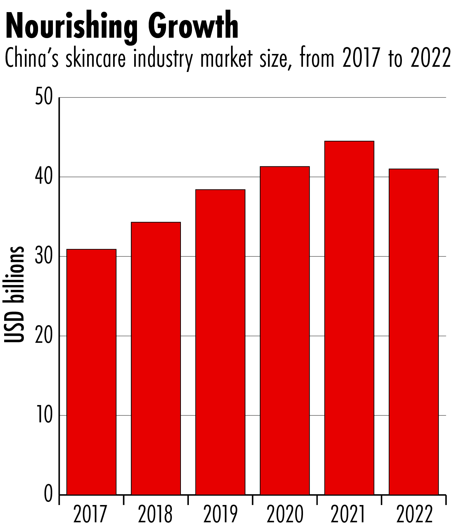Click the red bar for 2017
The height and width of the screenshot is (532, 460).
[x=91, y=372]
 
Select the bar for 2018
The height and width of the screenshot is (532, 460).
[x=156, y=358]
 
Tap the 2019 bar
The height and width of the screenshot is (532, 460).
[x=220, y=342]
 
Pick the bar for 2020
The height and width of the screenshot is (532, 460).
[x=285, y=331]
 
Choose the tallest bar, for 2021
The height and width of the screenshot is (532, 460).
[x=349, y=318]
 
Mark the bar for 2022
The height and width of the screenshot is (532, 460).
[x=414, y=332]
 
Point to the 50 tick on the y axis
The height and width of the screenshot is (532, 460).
[x=44, y=98]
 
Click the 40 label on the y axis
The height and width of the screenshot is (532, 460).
[x=44, y=177]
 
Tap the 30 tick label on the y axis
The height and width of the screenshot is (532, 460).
[x=44, y=256]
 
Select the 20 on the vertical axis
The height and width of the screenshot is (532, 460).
[x=44, y=336]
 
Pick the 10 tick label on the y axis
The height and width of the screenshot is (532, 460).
[x=44, y=415]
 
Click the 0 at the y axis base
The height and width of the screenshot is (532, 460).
[x=48, y=494]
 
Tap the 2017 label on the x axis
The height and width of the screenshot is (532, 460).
[x=91, y=514]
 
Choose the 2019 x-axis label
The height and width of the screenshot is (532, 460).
[x=220, y=514]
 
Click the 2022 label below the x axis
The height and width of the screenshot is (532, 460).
[x=414, y=514]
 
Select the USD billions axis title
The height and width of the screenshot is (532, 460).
[x=15, y=294]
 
